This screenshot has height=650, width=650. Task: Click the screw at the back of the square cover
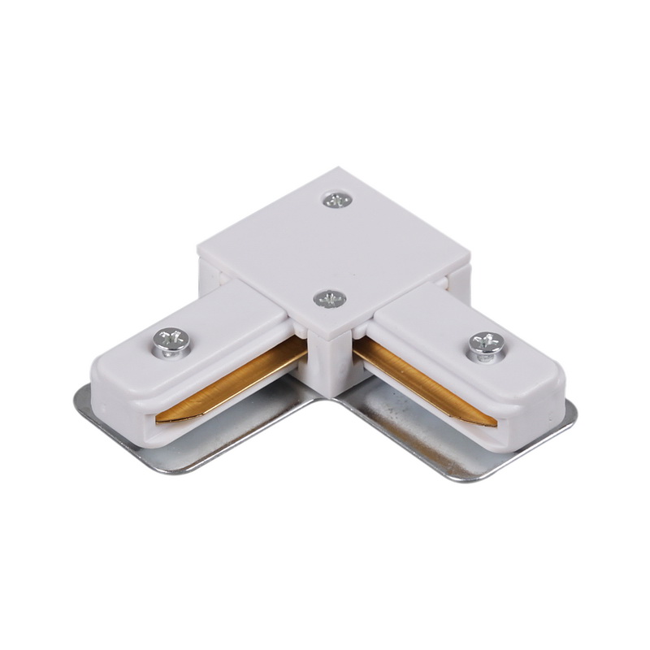pos(336,199)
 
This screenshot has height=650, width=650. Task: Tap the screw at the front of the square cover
pos(330,299)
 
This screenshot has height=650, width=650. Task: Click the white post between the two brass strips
pos(329,366)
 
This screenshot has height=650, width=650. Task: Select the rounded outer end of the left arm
pos(106,390)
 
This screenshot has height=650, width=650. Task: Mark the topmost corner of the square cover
pos(336,170)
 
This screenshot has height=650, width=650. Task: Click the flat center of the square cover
pos(333,248)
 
